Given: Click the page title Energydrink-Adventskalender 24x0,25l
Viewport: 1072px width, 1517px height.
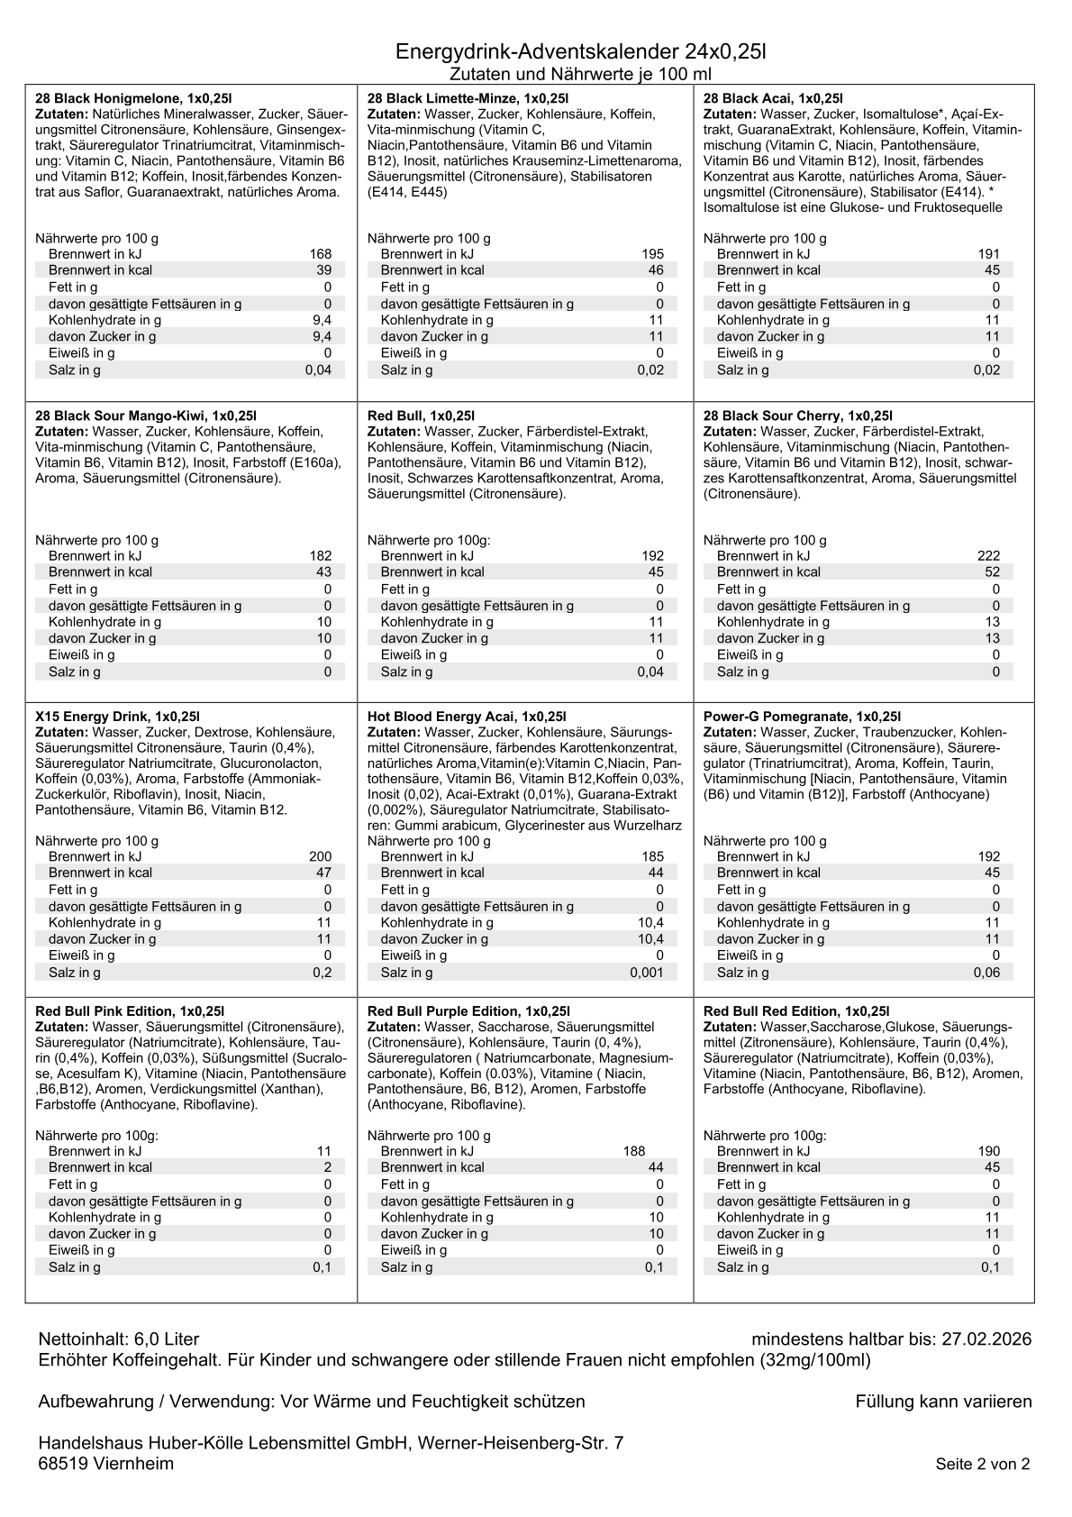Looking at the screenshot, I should [x=580, y=52].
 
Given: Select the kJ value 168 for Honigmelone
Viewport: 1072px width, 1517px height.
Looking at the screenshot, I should [x=321, y=254].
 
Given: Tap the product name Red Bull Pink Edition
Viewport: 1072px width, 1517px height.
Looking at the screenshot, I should [x=129, y=1011].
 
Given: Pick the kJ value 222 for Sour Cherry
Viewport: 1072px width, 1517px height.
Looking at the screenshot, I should [x=988, y=556].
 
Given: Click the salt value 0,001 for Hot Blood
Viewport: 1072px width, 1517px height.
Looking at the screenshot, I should [x=647, y=973].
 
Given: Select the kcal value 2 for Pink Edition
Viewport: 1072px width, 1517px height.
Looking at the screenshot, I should [x=328, y=1167].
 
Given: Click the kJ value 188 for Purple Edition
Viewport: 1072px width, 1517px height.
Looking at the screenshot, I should [x=634, y=1151].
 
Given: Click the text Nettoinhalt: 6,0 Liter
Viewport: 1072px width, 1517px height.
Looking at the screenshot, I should [x=119, y=1339].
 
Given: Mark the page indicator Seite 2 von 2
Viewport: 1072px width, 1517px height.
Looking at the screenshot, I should [x=982, y=1465].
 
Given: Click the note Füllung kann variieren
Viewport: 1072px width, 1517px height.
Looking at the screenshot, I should [x=943, y=1402].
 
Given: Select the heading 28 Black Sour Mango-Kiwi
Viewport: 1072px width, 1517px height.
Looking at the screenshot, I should [x=146, y=416].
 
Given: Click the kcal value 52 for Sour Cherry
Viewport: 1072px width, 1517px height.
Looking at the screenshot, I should [x=992, y=572].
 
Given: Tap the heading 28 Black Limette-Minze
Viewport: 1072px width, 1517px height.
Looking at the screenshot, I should [x=468, y=98].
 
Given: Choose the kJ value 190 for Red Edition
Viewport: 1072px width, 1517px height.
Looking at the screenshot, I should [x=988, y=1151].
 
